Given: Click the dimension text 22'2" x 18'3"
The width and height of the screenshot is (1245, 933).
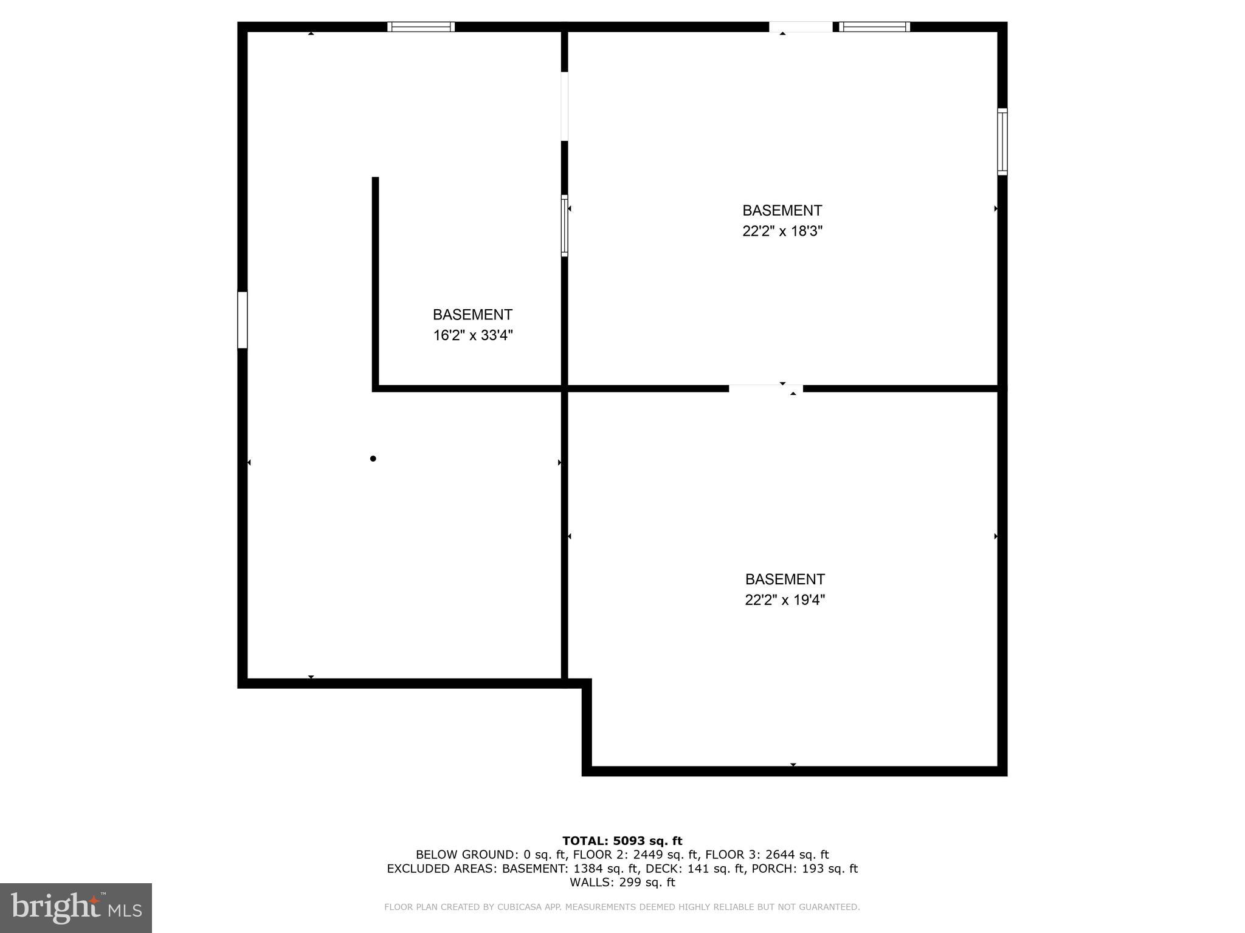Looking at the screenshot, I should click(x=782, y=231).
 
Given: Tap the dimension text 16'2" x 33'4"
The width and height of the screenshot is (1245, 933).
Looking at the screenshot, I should click(x=472, y=335).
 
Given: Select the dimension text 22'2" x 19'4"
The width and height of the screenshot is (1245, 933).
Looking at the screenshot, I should click(x=785, y=600).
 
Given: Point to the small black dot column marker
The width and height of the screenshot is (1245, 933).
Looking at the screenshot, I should click(x=373, y=459).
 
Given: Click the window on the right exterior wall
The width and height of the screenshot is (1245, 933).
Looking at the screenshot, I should click(x=1002, y=142).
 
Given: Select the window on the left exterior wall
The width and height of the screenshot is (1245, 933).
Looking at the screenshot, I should click(x=243, y=320).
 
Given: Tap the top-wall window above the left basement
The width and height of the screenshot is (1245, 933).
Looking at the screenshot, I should click(x=421, y=27).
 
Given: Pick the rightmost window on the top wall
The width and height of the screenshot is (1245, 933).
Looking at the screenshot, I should click(x=874, y=27).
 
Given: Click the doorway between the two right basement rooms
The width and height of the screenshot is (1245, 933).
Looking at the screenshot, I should click(x=765, y=388).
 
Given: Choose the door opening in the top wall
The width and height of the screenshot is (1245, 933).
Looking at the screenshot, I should click(x=801, y=27).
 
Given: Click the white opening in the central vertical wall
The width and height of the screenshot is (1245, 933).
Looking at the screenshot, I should click(x=564, y=106).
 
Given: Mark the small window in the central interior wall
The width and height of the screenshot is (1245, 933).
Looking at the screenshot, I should click(x=564, y=225).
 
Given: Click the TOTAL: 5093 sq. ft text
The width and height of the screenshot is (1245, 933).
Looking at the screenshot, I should click(x=622, y=841).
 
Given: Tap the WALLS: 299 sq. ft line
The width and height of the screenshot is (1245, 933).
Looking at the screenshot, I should click(x=622, y=882).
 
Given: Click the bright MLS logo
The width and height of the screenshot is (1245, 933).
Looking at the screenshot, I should click(x=76, y=907).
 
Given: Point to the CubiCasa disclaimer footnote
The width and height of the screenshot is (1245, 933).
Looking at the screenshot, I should click(x=622, y=907).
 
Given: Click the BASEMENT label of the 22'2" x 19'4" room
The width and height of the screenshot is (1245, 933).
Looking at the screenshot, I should click(x=785, y=579).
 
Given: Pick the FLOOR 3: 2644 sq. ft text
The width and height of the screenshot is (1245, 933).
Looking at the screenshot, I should click(x=767, y=855).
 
